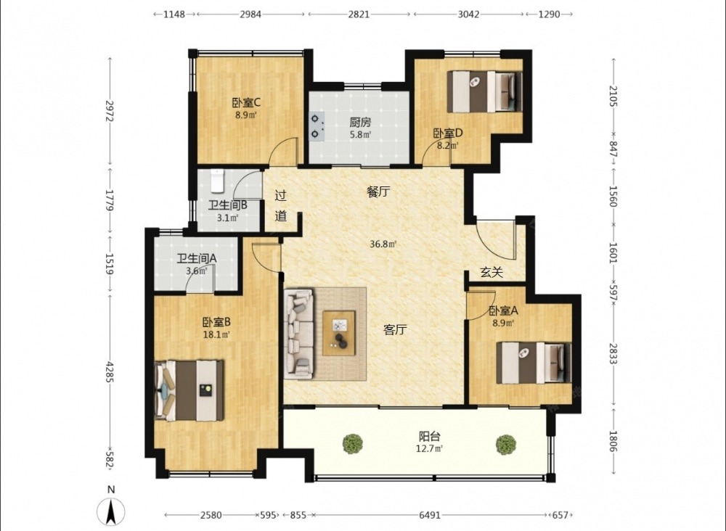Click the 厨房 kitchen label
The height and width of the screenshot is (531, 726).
tap(360, 123)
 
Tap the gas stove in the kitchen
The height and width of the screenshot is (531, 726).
tap(317, 127)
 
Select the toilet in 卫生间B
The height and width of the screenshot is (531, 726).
tap(217, 181)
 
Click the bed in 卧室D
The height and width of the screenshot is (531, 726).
tap(485, 91)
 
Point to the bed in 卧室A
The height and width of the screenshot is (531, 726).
tap(534, 363)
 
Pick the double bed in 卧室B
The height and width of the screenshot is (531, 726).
tap(189, 391)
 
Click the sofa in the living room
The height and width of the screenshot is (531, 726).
tap(298, 332)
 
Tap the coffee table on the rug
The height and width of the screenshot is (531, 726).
tap(339, 333)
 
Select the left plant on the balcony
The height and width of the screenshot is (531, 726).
tap(353, 443)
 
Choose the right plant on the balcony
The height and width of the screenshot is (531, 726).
tap(505, 445)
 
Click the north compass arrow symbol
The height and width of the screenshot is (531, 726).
tap(111, 511)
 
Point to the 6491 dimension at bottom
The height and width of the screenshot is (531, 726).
tap(430, 515)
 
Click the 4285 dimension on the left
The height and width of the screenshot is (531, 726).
tap(110, 372)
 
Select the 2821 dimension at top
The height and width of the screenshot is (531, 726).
tap(359, 14)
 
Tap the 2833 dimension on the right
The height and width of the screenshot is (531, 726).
tap(613, 353)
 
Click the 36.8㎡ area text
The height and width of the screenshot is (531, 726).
tap(383, 244)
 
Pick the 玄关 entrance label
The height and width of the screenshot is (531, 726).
tap(492, 273)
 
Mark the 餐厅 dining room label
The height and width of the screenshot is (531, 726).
tap(378, 192)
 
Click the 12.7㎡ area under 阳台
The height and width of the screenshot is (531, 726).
tap(429, 448)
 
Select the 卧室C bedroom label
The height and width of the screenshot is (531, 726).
tap(246, 102)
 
